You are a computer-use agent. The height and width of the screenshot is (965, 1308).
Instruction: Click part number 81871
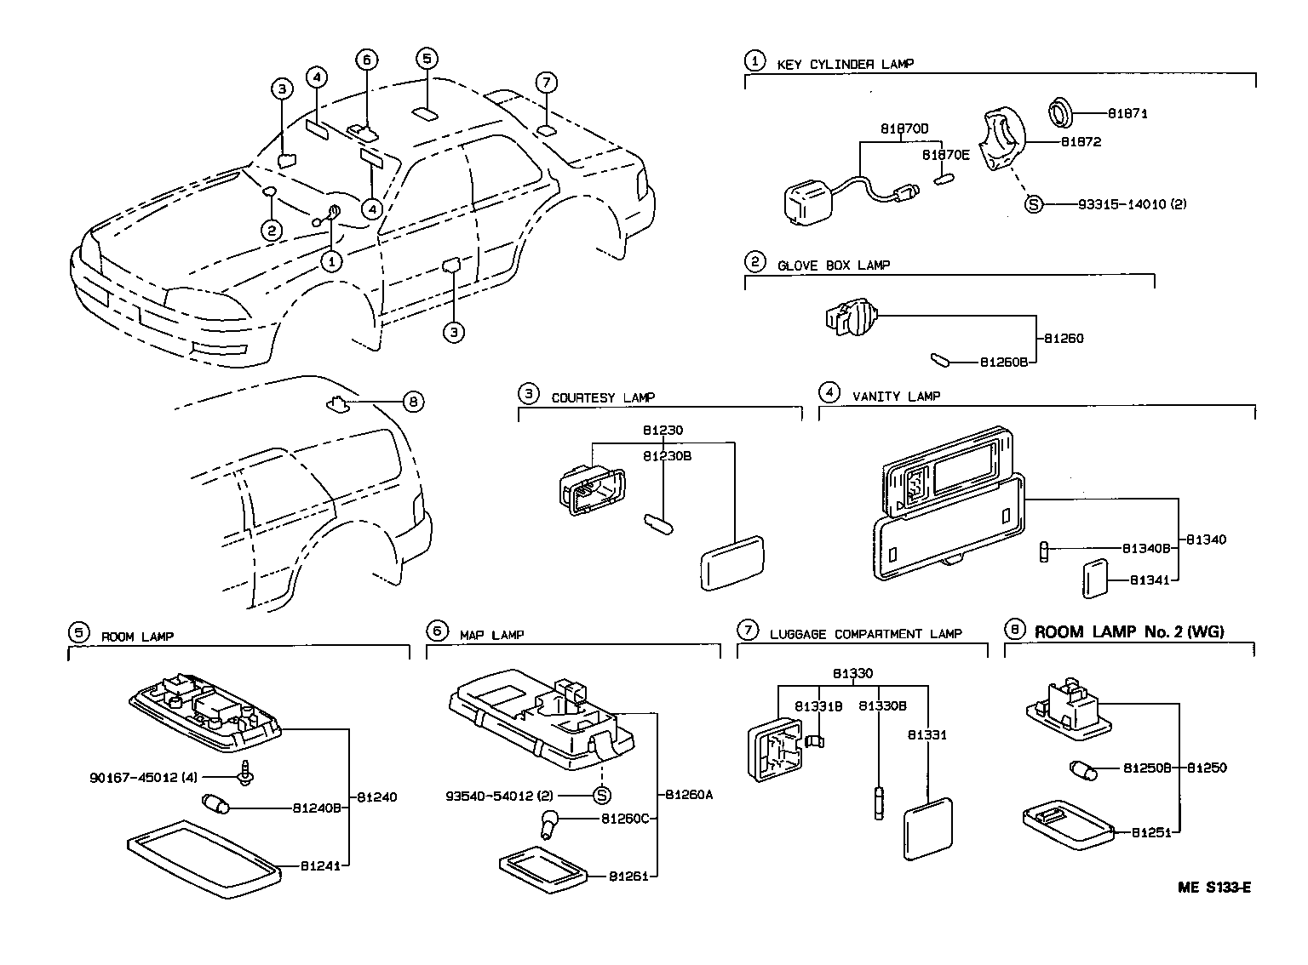[1127, 113]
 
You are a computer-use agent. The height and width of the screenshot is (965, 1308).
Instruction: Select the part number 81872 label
[1080, 142]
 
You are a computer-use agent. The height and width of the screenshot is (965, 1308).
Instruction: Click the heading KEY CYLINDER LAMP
[845, 64]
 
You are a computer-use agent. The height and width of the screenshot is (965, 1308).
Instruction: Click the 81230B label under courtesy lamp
[667, 456]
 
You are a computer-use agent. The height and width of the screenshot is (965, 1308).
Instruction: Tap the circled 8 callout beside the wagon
[412, 402]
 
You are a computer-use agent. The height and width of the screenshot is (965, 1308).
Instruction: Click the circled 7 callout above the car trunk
[547, 83]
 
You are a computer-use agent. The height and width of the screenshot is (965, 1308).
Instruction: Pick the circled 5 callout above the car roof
[427, 58]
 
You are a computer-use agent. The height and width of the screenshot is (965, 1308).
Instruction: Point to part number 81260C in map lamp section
[624, 819]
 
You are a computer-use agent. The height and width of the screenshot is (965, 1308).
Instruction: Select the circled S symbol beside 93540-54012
[601, 796]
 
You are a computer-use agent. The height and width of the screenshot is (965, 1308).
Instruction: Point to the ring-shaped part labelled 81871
[1059, 111]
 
